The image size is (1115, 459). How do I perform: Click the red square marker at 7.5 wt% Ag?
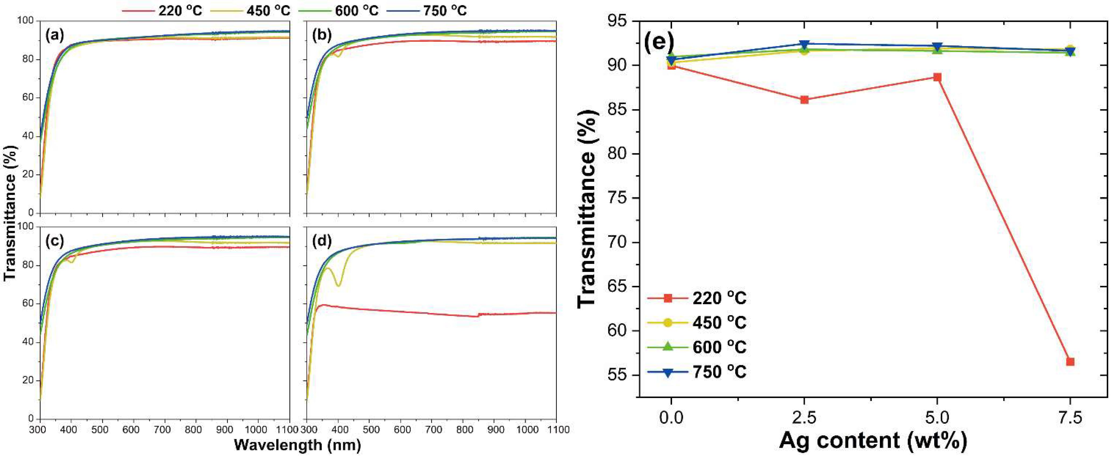[1070, 362]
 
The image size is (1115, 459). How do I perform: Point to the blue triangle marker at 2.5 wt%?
[804, 44]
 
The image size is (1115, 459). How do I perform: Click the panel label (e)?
[659, 42]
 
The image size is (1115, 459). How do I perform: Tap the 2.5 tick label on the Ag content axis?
[804, 418]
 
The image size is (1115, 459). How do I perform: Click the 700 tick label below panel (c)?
[162, 430]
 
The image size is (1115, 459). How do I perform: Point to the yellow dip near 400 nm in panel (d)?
[338, 285]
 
